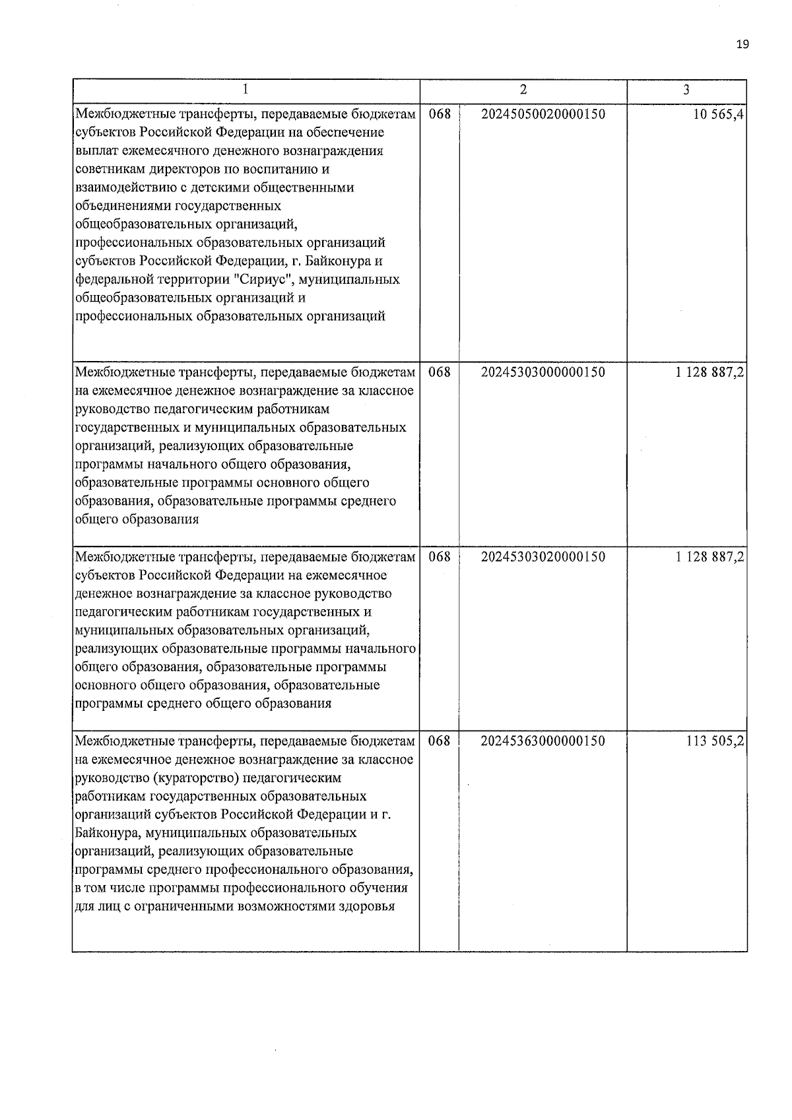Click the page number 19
[742, 44]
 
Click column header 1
[246, 90]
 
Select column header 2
[523, 90]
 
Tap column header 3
[686, 90]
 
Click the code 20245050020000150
[543, 114]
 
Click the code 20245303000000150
[543, 372]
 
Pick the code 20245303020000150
[543, 557]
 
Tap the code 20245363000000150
[543, 741]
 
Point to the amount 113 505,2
[715, 741]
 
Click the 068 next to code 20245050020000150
[440, 114]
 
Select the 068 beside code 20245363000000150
[440, 741]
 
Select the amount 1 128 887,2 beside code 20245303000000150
[710, 372]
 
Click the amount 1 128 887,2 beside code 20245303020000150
[710, 557]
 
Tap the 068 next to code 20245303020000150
[440, 557]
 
